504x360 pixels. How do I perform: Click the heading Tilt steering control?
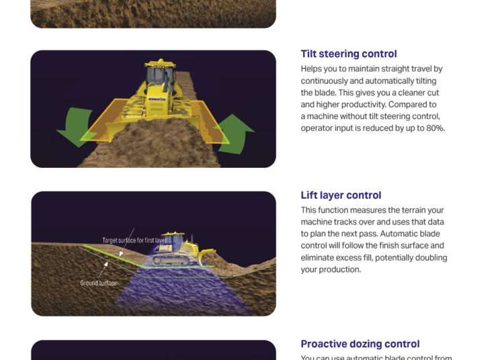(x=349, y=54)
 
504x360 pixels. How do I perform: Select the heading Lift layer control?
(x=341, y=195)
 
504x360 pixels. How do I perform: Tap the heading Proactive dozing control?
(x=360, y=344)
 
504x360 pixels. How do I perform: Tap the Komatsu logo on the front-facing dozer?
(x=157, y=99)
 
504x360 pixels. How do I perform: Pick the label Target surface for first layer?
(x=134, y=240)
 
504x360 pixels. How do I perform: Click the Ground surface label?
(x=98, y=283)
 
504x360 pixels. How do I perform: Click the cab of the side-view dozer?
(x=173, y=241)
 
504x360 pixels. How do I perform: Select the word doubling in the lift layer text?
(x=431, y=257)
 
